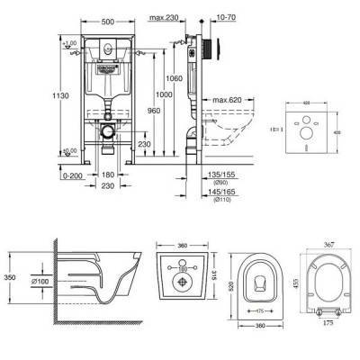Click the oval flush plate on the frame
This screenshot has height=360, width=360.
point(107,53)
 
